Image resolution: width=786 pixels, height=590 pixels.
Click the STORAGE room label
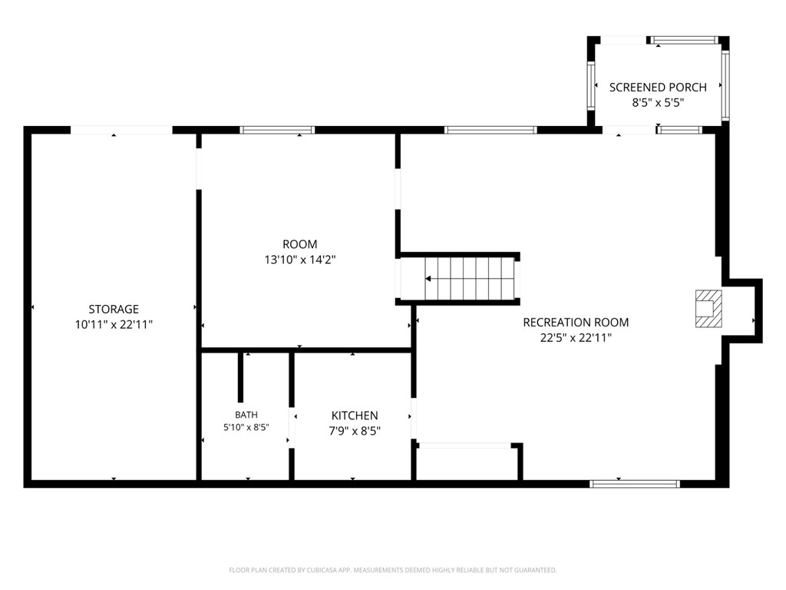point(114,309)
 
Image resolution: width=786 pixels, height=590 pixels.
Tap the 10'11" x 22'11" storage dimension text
point(114,325)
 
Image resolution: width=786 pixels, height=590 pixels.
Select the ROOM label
point(300,244)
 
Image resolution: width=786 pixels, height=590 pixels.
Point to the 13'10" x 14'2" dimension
point(300,260)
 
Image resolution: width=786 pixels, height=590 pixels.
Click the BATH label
point(246,415)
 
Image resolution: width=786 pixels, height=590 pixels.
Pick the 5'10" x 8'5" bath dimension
point(246,427)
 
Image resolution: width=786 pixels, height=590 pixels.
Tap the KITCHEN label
point(355,416)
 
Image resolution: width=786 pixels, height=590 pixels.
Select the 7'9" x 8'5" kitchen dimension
point(355,431)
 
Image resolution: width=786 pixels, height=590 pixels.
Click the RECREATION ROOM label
point(576,322)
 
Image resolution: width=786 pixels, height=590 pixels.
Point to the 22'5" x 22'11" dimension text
point(576,338)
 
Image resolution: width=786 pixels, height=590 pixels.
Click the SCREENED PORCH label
point(658,88)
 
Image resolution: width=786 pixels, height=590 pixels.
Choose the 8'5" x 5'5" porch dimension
point(658,103)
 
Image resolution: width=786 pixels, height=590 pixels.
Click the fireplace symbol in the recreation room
point(708,309)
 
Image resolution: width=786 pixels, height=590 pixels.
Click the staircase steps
point(470,279)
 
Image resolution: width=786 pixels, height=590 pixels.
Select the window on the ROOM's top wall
point(277,130)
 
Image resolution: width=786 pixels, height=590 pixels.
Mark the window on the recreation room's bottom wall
point(635,484)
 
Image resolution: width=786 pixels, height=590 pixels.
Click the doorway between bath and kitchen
point(291,428)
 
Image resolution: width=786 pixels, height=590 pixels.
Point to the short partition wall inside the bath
point(240,377)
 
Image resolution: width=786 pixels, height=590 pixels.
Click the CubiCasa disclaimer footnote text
point(393,570)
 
